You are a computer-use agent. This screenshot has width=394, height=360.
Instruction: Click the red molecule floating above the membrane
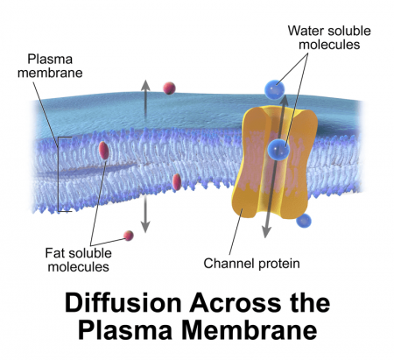(169, 87)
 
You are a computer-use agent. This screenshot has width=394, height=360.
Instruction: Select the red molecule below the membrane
(129, 235)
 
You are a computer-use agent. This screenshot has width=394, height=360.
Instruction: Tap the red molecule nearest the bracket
(104, 150)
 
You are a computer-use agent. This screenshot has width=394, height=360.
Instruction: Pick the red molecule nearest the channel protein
(177, 181)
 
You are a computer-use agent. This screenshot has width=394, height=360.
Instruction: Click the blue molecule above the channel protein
(274, 88)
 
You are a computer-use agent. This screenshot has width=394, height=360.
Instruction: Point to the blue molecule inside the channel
(279, 149)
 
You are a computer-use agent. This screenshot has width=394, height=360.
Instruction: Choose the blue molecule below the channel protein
(304, 220)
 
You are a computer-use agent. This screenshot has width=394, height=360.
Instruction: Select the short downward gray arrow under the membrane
(145, 215)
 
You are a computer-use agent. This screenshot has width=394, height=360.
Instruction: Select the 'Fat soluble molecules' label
(79, 260)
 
